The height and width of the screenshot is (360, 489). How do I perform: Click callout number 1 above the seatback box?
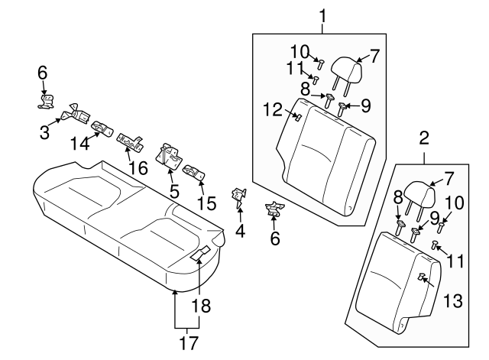coord(322,14)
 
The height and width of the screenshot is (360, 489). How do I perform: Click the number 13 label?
coord(453,302)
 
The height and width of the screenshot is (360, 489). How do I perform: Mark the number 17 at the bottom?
coord(187,341)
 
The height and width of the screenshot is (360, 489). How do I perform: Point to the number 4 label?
coord(241,229)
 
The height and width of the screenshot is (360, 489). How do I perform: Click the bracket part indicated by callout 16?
coord(132,141)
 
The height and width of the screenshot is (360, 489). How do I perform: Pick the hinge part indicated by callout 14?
coord(102,127)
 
